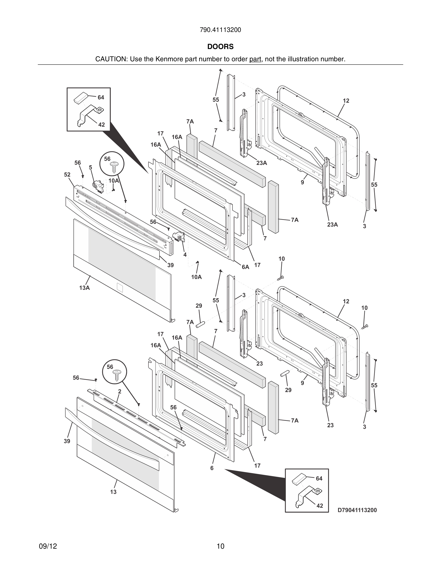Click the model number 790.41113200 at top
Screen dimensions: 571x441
(220, 30)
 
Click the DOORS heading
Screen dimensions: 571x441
(220, 47)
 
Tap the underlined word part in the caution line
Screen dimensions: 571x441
(255, 59)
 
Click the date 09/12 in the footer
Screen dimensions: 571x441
(48, 546)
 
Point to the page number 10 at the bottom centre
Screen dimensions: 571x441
(220, 546)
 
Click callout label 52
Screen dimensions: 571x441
(67, 175)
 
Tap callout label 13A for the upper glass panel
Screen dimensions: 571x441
(84, 288)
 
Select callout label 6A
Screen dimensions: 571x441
(245, 267)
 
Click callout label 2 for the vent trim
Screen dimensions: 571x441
(120, 391)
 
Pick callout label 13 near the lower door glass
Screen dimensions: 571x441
(113, 492)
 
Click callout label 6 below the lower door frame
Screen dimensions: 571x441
(212, 468)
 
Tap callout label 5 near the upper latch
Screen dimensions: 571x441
(90, 168)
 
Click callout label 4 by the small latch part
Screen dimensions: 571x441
(185, 255)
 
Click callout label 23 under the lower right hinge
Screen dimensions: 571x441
(331, 425)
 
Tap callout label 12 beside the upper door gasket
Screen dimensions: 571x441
(346, 101)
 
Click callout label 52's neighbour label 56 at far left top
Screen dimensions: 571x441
(78, 163)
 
